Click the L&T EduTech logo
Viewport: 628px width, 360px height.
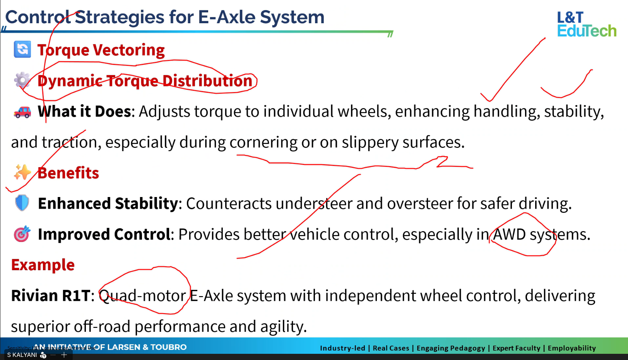pos(587,24)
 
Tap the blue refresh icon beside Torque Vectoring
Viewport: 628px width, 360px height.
pos(22,49)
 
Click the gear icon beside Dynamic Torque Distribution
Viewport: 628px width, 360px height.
pos(22,81)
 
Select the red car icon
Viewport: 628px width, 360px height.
pos(22,112)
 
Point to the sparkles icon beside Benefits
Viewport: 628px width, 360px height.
pos(22,172)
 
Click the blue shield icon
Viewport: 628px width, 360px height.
pos(22,202)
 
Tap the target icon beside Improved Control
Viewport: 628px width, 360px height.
pos(22,233)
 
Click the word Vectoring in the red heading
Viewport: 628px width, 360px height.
pos(129,50)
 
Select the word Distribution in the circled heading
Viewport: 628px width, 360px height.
pos(207,81)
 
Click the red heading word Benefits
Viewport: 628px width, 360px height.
pos(68,173)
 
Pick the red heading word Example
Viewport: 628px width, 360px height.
pos(43,265)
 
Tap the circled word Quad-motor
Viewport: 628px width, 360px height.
pos(142,295)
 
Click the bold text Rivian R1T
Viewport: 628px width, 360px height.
pos(51,295)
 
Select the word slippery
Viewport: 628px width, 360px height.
pos(370,142)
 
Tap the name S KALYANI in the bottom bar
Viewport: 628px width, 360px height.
pos(22,355)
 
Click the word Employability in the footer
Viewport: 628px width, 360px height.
pos(572,348)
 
